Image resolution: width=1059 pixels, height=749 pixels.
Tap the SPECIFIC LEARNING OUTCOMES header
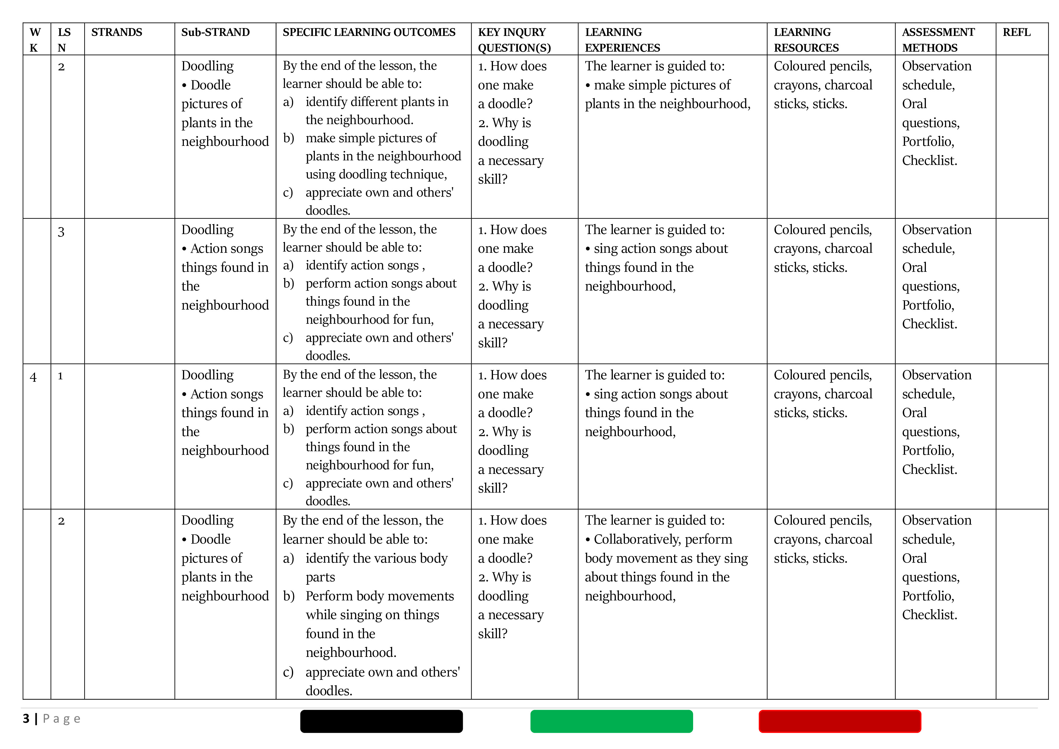pyautogui.click(x=369, y=32)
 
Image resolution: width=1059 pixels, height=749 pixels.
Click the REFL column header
pyautogui.click(x=1016, y=32)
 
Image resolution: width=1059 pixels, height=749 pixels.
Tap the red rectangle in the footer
pyautogui.click(x=840, y=721)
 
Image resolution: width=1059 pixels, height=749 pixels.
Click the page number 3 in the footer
pyautogui.click(x=26, y=718)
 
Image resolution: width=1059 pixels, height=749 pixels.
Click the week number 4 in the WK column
pyautogui.click(x=33, y=377)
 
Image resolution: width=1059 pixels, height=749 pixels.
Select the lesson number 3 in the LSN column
pyautogui.click(x=61, y=232)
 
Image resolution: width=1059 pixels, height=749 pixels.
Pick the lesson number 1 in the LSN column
pyautogui.click(x=60, y=376)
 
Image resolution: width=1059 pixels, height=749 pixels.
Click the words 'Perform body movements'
pyautogui.click(x=379, y=596)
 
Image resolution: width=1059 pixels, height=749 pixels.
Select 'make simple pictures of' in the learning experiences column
pyautogui.click(x=662, y=85)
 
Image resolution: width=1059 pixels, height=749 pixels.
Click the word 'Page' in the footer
pyautogui.click(x=62, y=718)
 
